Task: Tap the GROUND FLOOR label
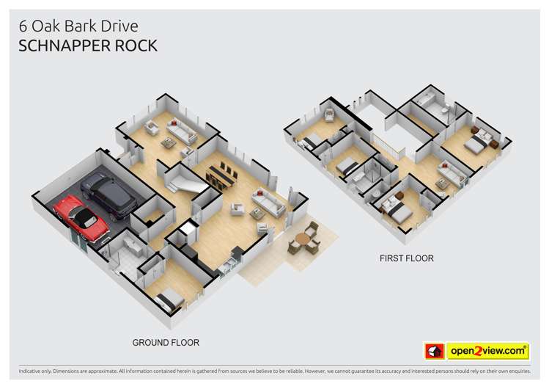tap(165, 343)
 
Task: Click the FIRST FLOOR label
tap(406, 258)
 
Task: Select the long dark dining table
tap(222, 175)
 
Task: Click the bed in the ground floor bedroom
tap(171, 297)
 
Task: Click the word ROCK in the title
tap(136, 46)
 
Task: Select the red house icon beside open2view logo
tap(434, 352)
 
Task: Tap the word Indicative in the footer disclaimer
tap(32, 371)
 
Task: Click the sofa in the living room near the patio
tap(267, 202)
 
